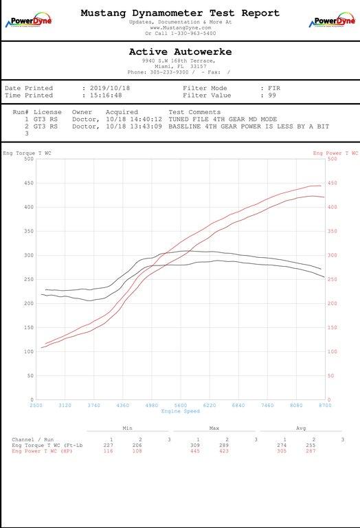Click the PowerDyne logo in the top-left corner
point(27,21)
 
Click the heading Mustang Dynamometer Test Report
point(180,13)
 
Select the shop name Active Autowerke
point(180,52)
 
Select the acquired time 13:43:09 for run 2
point(145,126)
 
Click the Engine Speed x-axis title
point(180,411)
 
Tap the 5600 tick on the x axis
point(181,406)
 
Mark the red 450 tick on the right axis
point(333,183)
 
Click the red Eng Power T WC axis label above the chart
point(335,153)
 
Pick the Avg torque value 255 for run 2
point(313,445)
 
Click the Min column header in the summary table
point(127,428)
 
